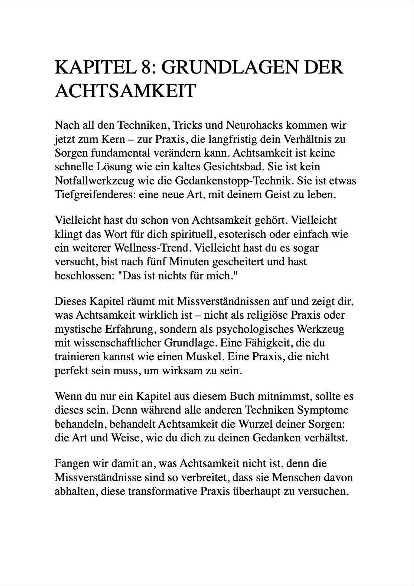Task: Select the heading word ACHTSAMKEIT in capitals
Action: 125,91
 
